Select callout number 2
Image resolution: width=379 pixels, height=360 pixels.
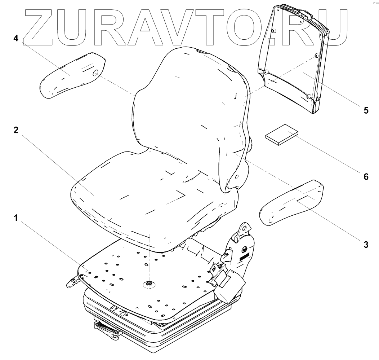click(x=15, y=131)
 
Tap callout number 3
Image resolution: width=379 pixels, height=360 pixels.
click(x=366, y=245)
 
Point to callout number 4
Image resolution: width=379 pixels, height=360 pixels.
click(x=15, y=38)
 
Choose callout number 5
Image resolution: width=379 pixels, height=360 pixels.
click(x=366, y=110)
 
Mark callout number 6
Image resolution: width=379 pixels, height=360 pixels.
click(x=366, y=176)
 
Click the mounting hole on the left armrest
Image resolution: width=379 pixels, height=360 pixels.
click(x=96, y=73)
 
